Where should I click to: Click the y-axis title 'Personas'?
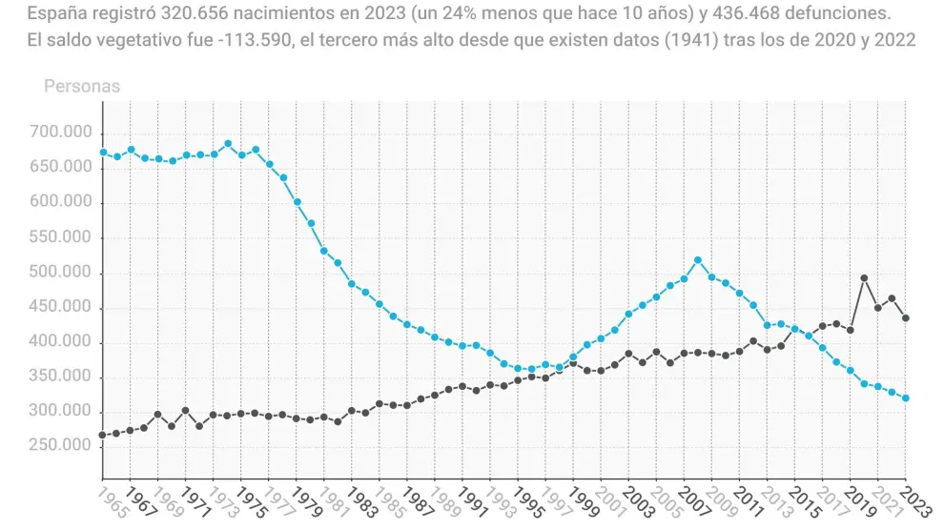click(82, 87)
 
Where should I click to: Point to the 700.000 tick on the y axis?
click(60, 132)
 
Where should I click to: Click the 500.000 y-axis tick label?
click(60, 273)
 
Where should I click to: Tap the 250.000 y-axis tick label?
click(60, 446)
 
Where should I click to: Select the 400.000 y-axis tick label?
click(60, 342)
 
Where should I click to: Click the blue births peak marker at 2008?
click(698, 260)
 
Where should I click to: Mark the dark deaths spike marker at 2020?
click(864, 278)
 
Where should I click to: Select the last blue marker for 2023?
click(905, 398)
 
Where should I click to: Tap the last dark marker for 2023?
click(905, 318)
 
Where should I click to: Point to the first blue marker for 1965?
click(103, 153)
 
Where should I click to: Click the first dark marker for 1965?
click(103, 435)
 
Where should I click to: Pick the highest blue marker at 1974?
click(228, 144)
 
